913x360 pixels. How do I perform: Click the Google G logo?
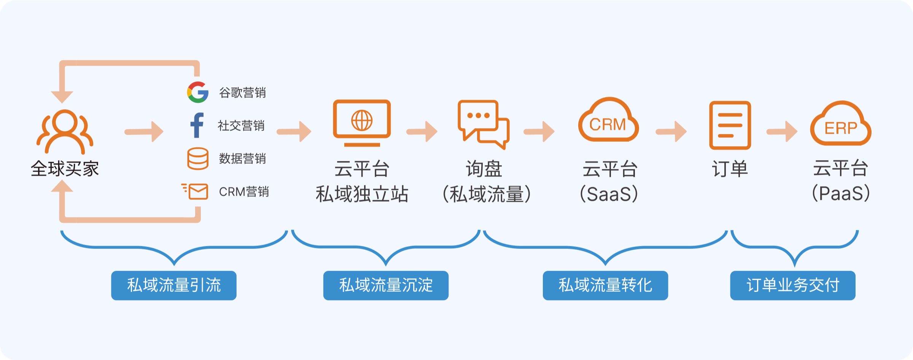pos(198,92)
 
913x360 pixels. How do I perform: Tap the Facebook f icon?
pos(197,125)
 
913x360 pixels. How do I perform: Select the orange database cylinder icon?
pos(198,158)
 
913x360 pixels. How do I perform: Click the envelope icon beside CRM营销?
pos(196,191)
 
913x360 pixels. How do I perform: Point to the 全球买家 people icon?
pos(65,131)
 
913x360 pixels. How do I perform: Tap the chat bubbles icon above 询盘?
pos(483,124)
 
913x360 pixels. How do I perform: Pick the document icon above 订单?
pos(730,125)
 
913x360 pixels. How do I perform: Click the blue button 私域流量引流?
pos(174,285)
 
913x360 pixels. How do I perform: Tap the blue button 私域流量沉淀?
pos(386,285)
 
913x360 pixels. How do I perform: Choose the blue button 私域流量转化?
pos(605,285)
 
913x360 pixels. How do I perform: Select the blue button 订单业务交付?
pos(793,285)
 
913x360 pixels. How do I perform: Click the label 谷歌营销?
pos(242,92)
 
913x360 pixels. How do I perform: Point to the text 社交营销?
pos(241,126)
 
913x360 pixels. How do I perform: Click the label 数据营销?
pos(242,159)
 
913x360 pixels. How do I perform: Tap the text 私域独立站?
pos(362,194)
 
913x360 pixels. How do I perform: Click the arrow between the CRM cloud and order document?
pos(671,132)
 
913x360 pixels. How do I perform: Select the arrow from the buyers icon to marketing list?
pos(144,132)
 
